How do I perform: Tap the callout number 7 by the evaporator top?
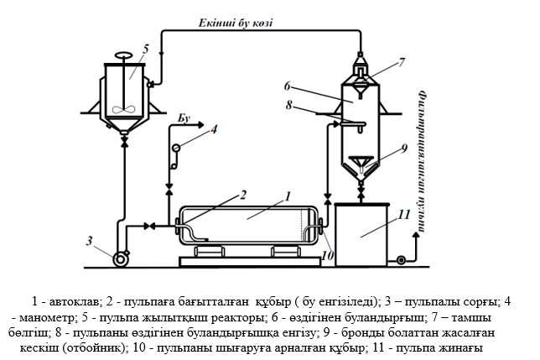(x=402, y=60)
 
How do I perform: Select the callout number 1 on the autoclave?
(x=286, y=198)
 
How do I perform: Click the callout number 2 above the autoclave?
(x=243, y=195)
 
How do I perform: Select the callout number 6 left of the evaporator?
(x=287, y=85)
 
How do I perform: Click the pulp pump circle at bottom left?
(x=121, y=258)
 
